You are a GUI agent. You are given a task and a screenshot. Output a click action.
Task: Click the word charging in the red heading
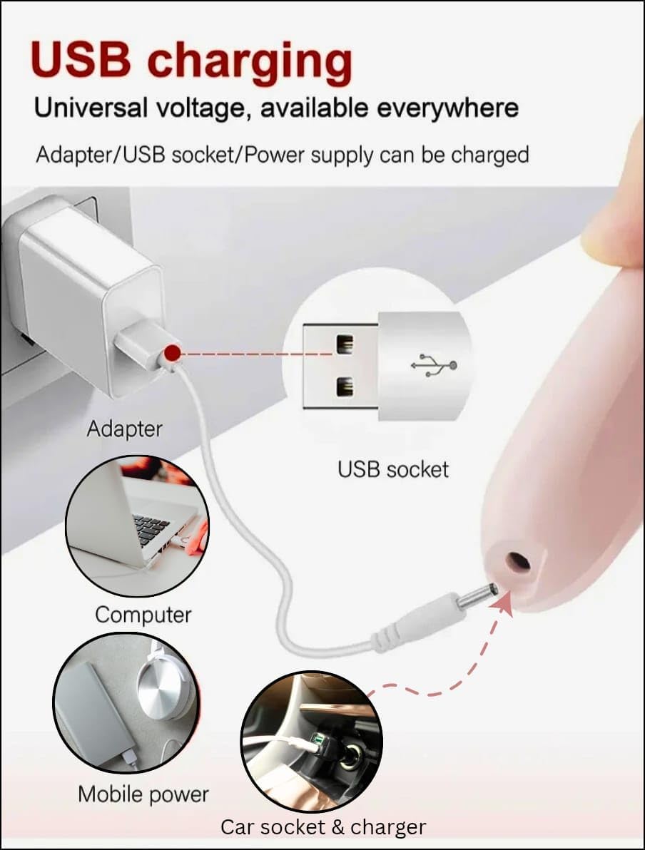click(x=250, y=62)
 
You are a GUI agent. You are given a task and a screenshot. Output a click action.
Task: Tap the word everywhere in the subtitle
click(x=447, y=109)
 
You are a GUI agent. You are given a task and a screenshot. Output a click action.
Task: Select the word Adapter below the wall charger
click(x=124, y=429)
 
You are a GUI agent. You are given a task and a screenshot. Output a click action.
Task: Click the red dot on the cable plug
click(x=173, y=354)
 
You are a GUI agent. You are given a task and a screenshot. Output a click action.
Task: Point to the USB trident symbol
click(x=434, y=365)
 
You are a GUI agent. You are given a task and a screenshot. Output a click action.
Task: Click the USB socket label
click(x=393, y=469)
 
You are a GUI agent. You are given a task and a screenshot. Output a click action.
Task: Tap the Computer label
click(x=143, y=615)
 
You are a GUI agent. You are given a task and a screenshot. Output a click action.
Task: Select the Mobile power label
click(x=143, y=794)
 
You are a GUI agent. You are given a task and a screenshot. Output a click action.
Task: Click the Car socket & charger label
click(x=323, y=827)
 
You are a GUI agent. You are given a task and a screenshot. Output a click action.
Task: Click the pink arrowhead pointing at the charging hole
click(x=504, y=603)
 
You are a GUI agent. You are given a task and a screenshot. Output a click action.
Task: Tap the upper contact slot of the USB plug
click(x=345, y=344)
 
